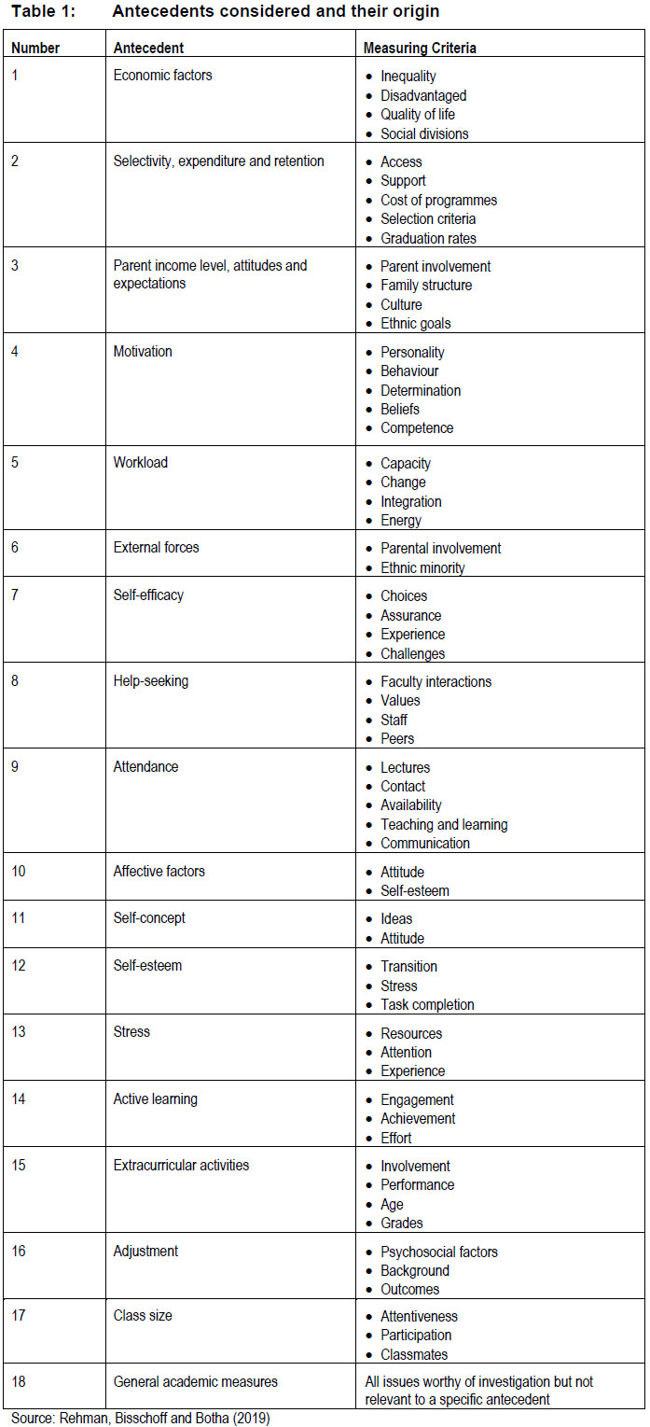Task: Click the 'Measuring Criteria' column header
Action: coord(420,47)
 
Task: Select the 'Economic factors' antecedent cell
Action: coord(162,76)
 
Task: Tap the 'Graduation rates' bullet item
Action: coord(429,238)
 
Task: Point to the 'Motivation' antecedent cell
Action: coord(143,352)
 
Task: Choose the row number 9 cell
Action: coord(16,766)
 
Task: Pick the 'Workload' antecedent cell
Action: coord(141,462)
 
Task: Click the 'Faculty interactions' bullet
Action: coord(436,681)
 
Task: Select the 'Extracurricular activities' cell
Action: coord(181,1165)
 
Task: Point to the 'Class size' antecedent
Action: coord(143,1315)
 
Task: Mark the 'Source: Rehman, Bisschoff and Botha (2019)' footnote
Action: coord(140,1418)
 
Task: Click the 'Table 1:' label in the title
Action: coord(43,12)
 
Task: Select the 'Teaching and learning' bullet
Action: coord(444,824)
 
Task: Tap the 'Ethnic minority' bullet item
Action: coord(422,567)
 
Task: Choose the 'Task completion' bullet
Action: coord(427,1004)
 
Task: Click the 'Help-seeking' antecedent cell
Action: coord(150,680)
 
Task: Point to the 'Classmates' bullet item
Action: coord(414,1353)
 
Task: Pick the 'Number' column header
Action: coord(35,47)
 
